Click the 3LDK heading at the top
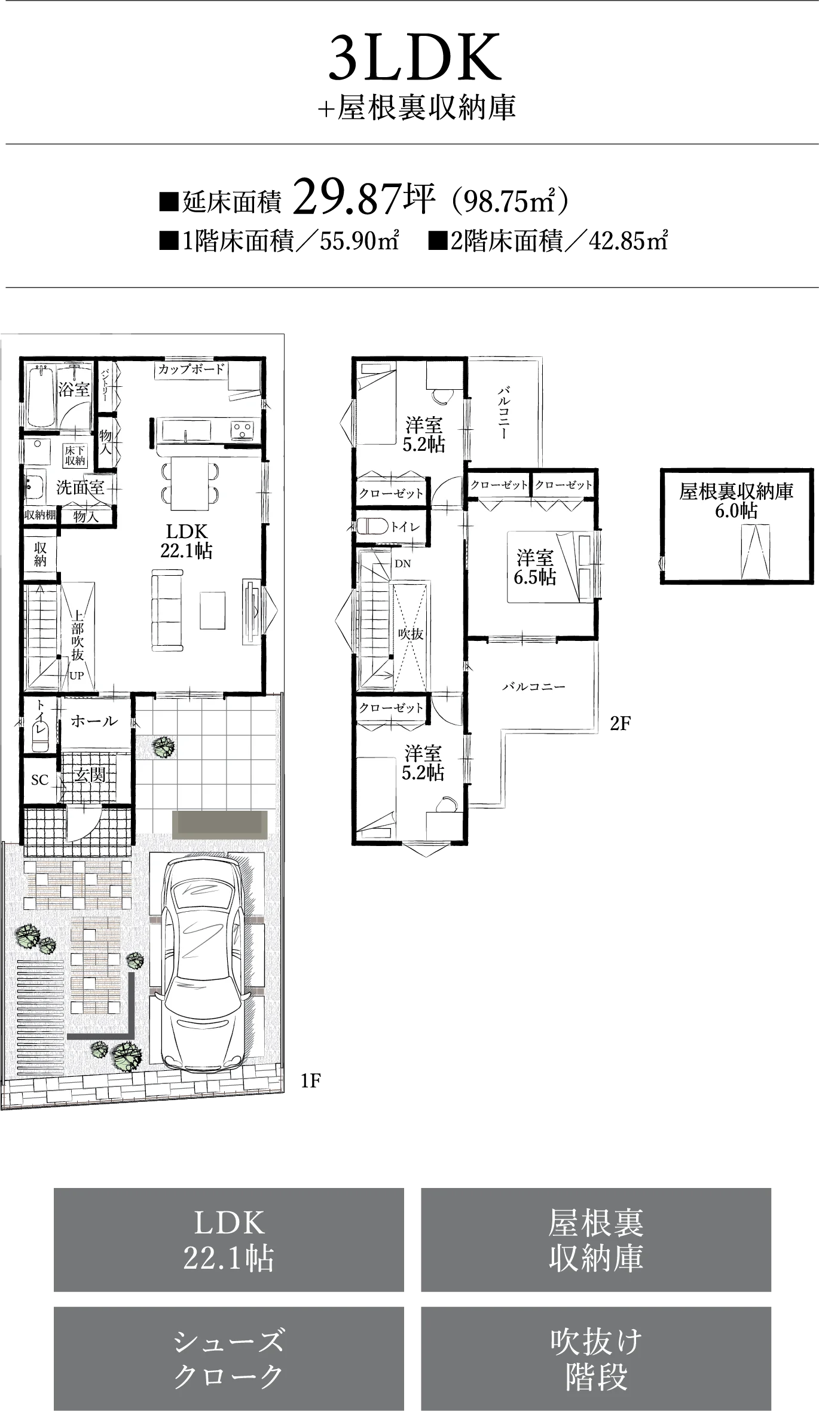415,58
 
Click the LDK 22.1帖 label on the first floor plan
187,540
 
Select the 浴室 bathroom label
74,390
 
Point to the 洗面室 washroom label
80,487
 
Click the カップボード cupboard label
191,369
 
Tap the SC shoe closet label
39,780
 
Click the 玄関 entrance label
90,775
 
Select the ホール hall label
94,721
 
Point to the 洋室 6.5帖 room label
535,567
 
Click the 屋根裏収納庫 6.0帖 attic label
737,500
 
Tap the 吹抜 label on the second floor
411,634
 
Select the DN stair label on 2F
403,563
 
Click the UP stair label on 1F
77,676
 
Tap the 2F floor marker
621,723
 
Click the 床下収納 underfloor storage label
75,456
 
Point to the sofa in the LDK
167,609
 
